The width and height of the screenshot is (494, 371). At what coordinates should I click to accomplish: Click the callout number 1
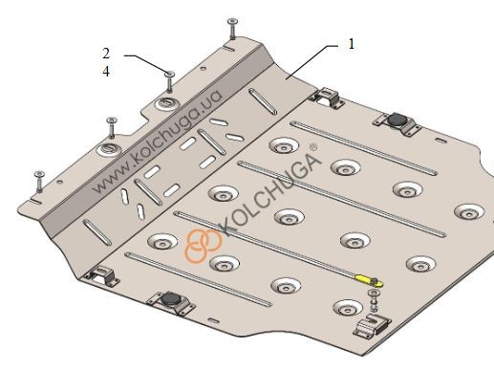click(x=352, y=44)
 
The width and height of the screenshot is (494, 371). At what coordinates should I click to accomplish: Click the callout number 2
click(x=106, y=54)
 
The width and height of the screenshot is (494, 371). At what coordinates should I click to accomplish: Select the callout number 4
click(x=106, y=72)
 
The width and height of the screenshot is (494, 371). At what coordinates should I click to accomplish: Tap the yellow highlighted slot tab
click(x=369, y=280)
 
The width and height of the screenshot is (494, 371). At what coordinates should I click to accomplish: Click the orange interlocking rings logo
click(x=203, y=245)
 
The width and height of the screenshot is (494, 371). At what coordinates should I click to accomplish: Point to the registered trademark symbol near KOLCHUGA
click(x=313, y=147)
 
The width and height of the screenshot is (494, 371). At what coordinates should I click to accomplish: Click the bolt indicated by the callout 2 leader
click(x=169, y=82)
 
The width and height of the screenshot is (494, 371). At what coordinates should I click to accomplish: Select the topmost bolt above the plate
click(x=232, y=29)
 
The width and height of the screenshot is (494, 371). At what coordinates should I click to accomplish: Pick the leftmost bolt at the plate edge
click(x=39, y=182)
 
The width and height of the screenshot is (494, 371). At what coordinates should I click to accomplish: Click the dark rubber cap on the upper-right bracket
click(x=397, y=120)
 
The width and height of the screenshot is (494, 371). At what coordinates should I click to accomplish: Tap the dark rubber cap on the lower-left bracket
click(x=170, y=299)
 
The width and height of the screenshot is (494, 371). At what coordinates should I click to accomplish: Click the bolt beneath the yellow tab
click(x=373, y=300)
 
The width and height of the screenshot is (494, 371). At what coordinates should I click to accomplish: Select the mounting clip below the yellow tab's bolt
click(x=372, y=325)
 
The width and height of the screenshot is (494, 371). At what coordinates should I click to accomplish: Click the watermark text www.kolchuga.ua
click(x=158, y=142)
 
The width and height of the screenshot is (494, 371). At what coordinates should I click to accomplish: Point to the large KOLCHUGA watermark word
click(x=270, y=195)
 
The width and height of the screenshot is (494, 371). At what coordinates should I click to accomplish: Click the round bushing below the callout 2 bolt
click(x=167, y=103)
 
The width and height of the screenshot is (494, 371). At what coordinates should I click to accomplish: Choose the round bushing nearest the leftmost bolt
click(x=109, y=149)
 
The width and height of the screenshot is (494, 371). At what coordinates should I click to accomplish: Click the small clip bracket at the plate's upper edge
click(x=327, y=97)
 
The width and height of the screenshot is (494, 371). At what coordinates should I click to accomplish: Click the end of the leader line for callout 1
click(x=286, y=78)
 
